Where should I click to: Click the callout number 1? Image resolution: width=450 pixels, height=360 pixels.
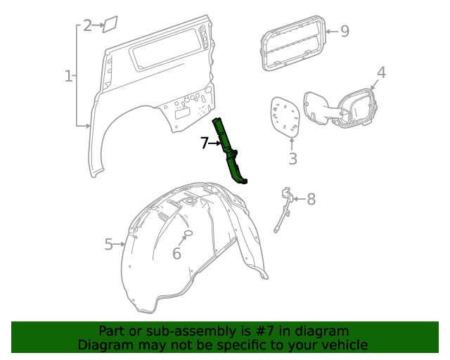69,76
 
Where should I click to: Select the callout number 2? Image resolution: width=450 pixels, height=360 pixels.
88,26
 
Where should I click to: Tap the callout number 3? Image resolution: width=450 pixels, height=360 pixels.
292,159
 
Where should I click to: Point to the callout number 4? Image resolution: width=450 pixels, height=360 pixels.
381,72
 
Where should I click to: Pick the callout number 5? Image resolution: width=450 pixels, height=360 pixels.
109,244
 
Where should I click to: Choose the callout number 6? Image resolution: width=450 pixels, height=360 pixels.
176,253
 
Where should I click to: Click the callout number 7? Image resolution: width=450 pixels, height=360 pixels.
205,143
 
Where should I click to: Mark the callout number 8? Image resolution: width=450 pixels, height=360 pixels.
311,200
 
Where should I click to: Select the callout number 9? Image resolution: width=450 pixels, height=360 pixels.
344,30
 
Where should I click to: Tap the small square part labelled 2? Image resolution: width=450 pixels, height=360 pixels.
110,25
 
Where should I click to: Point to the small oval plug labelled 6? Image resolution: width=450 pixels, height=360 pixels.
188,233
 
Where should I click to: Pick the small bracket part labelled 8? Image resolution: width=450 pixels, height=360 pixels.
284,208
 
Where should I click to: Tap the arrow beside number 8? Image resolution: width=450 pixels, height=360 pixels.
298,200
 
